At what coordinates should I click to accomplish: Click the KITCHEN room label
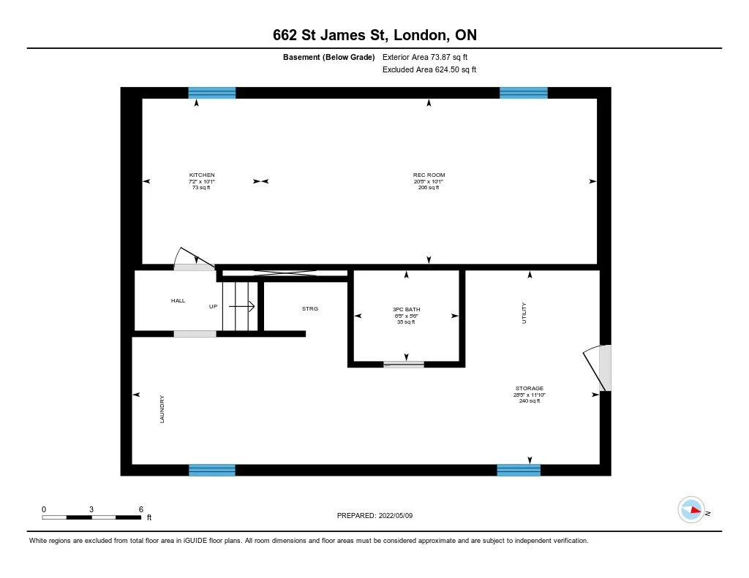coord(202,175)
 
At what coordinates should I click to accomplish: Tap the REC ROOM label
coord(429,175)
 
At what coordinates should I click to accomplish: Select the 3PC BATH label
coord(406,310)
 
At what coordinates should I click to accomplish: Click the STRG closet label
coord(310,308)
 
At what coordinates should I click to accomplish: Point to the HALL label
coord(178,300)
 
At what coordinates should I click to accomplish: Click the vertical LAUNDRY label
coord(162,408)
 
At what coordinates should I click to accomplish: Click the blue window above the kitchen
coord(212,93)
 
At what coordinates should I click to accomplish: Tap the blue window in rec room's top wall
coord(523,93)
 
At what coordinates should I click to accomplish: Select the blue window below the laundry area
coord(212,470)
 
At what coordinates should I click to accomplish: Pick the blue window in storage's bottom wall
coord(519,470)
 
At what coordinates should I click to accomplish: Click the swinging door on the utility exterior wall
coord(598,368)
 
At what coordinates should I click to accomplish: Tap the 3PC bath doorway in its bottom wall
coord(404,364)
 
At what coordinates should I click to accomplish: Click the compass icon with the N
coord(691,510)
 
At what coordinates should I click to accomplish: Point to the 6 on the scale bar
coord(140,509)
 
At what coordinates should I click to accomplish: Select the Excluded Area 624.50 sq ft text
coord(429,70)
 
